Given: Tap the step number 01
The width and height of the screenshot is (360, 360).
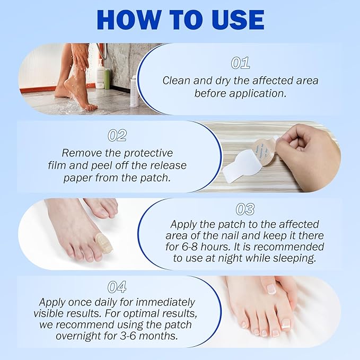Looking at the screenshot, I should point(240,63).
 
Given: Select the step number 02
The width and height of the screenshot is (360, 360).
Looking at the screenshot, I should point(117,135).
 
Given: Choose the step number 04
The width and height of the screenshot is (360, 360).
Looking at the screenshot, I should point(117,287).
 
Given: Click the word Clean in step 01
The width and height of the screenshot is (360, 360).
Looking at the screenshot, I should point(175,81).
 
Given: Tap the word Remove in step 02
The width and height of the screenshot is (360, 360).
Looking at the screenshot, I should point(80,153).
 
